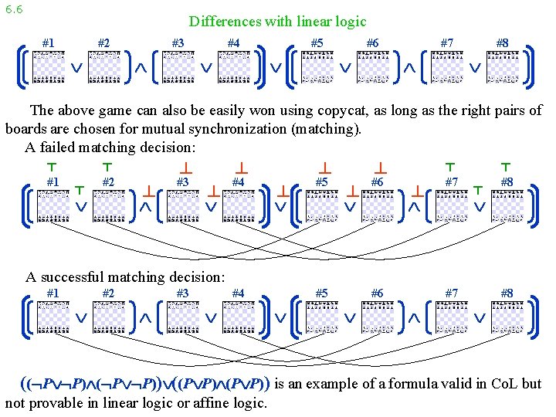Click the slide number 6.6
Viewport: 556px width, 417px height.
pos(13,9)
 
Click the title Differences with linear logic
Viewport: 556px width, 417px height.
pos(277,22)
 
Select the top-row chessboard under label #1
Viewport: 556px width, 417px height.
pos(53,67)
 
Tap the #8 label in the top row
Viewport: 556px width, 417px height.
pos(502,43)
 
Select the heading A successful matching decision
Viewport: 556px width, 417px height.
pos(125,276)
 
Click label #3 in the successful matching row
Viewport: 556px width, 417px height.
pos(182,293)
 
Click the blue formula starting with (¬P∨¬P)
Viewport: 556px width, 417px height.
pos(144,384)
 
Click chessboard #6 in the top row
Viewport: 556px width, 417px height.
pos(372,67)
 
